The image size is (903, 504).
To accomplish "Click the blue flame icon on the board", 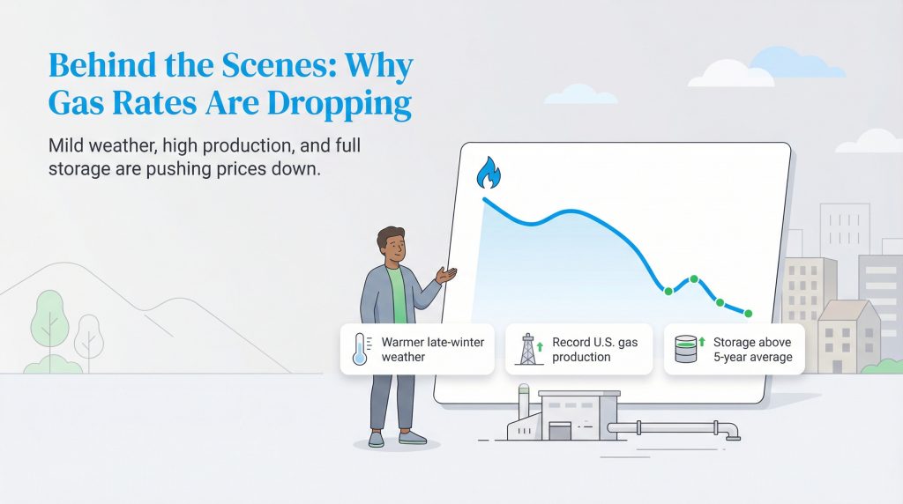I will (x=487, y=174).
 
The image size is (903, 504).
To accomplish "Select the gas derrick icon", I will (x=528, y=349).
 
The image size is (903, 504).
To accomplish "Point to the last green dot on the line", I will (x=749, y=314).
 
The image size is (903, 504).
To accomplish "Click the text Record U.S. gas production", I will (x=593, y=349).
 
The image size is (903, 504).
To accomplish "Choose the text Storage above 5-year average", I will (x=752, y=349).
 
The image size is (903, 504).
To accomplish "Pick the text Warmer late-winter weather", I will (x=432, y=349).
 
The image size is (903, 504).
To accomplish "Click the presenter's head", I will (x=391, y=245).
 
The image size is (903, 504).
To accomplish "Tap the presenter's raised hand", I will (x=448, y=276).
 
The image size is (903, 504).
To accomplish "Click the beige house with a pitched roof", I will (x=847, y=336).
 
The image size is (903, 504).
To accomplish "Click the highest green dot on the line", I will (x=693, y=279).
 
